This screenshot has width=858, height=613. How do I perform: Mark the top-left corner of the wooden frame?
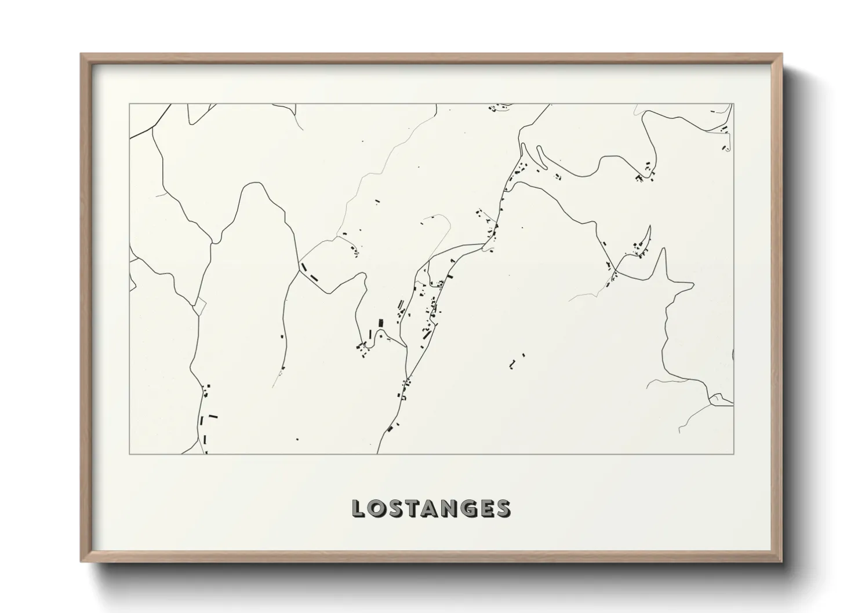[81, 54]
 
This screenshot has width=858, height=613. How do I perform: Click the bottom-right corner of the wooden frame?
[781, 561]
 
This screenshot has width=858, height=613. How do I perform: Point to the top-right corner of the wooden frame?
[781, 54]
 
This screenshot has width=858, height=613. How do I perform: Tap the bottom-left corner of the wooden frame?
[81, 561]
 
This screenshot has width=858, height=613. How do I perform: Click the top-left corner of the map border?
[129, 104]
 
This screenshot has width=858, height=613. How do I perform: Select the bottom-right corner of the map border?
[733, 454]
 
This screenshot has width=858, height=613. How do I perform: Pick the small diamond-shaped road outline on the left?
[199, 305]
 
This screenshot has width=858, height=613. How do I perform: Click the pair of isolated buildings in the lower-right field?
[517, 361]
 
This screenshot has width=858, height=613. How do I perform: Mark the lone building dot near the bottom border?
[297, 439]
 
